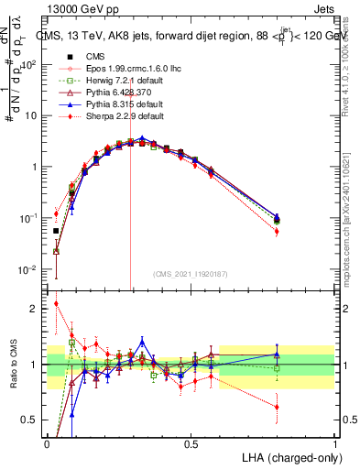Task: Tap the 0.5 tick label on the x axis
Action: (x=191, y=444)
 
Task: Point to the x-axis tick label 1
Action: (x=334, y=444)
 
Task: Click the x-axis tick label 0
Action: (x=47, y=444)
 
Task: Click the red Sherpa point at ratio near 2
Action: (x=56, y=304)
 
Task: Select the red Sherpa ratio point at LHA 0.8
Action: (x=277, y=407)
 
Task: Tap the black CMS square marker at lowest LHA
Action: (x=56, y=231)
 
